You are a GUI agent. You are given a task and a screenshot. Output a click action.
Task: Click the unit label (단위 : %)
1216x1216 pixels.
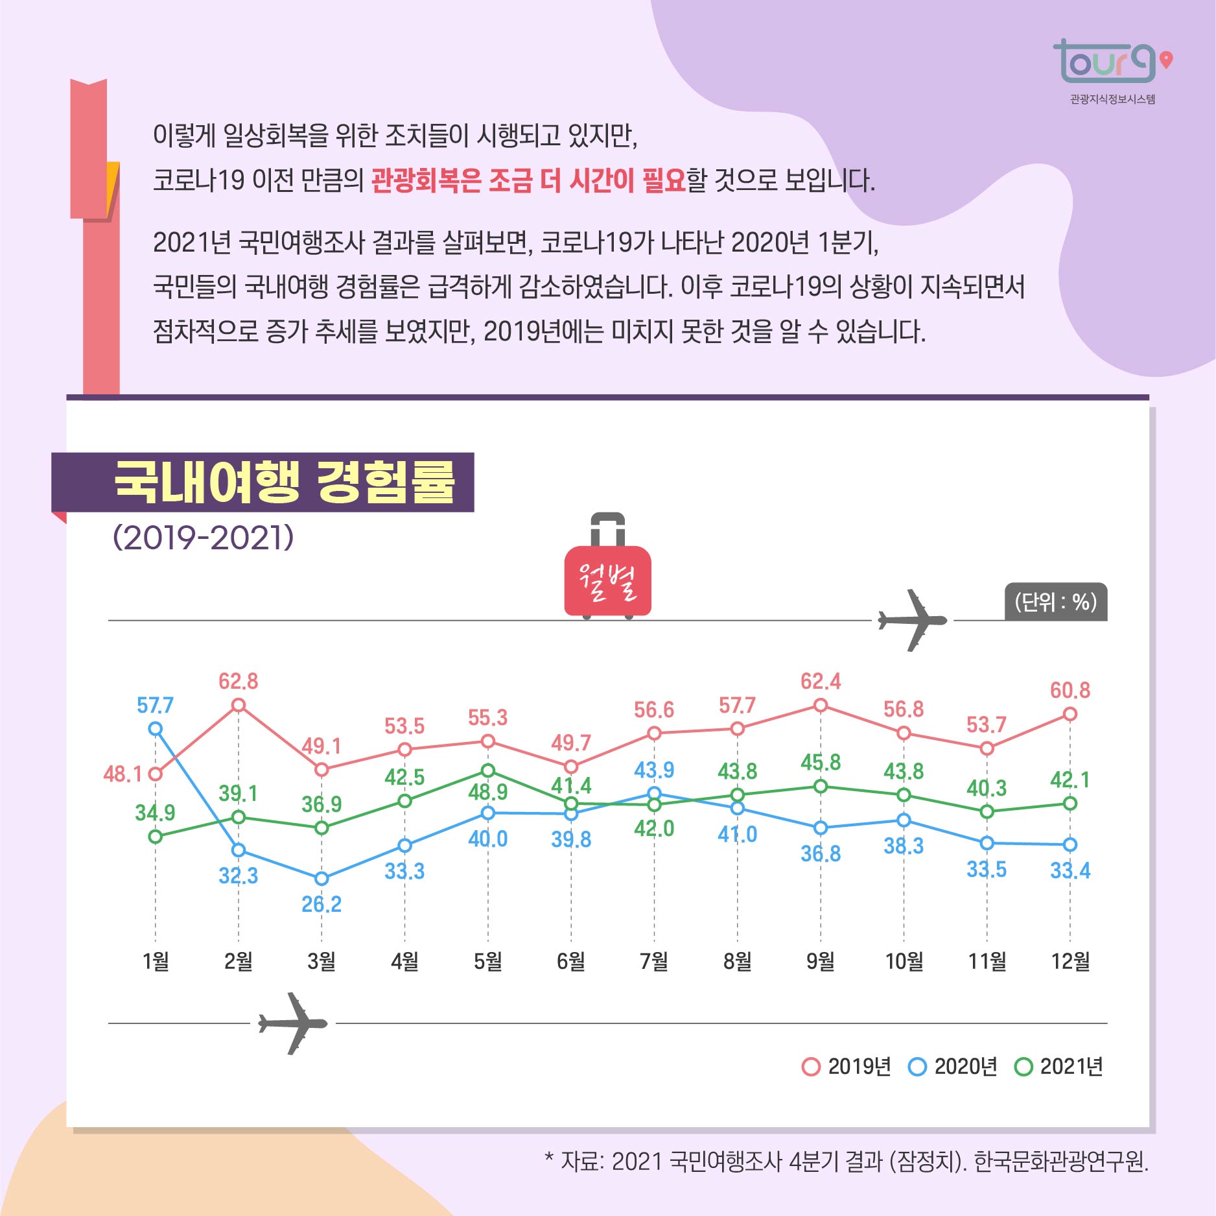(1055, 602)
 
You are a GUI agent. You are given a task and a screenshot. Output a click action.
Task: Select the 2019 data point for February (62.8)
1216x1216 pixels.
(239, 705)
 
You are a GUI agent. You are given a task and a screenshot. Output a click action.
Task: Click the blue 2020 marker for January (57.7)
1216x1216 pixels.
(155, 729)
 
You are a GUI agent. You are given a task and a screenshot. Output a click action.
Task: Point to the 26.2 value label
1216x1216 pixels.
(322, 904)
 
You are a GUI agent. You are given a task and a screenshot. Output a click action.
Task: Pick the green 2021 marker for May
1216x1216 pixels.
(488, 770)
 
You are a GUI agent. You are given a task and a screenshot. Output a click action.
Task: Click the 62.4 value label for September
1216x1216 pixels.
(820, 682)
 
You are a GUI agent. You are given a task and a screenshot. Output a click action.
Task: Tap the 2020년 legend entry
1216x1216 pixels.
(953, 1066)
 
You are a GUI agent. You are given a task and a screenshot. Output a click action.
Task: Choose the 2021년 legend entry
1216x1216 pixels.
(1058, 1066)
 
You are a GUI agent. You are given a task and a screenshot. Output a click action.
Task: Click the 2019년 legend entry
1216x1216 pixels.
(847, 1066)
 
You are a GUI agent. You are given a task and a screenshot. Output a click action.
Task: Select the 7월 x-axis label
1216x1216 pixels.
(654, 961)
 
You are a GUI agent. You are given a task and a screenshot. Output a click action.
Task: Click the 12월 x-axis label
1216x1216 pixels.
(1070, 961)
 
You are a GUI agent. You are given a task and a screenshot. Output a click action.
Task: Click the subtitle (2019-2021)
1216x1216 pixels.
(203, 538)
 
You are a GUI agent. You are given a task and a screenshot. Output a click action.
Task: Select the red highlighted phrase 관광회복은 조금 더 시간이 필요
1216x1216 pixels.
(528, 180)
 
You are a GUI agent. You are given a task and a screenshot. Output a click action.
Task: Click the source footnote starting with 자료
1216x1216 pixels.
(847, 1162)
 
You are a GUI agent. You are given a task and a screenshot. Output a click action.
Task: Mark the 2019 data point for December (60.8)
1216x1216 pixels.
(1070, 714)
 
